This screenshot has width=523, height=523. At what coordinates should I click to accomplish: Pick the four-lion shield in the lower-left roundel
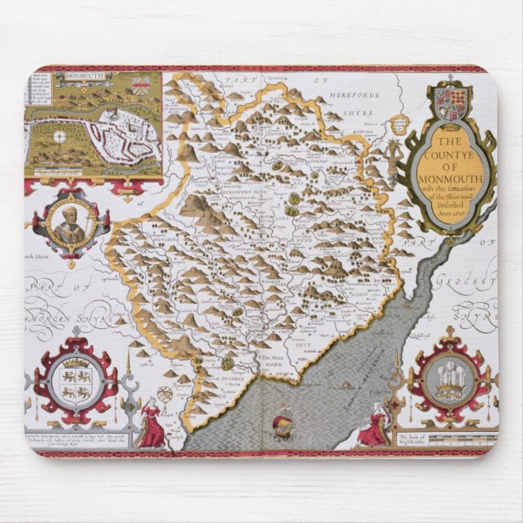tap(75, 382)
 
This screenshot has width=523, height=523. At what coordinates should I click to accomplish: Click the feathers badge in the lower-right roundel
tap(448, 378)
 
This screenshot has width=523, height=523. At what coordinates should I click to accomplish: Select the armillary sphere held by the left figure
tap(164, 395)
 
